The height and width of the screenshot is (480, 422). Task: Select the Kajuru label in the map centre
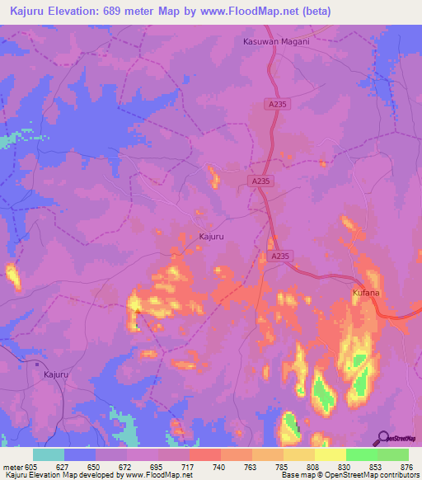point(212,237)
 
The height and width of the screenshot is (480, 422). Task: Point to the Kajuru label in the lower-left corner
point(52,374)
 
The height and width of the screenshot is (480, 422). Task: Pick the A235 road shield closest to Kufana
point(280,256)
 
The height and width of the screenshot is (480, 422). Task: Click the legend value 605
point(32,466)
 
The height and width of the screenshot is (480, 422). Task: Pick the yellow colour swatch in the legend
point(331,454)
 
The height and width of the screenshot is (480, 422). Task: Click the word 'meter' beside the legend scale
point(12,466)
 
